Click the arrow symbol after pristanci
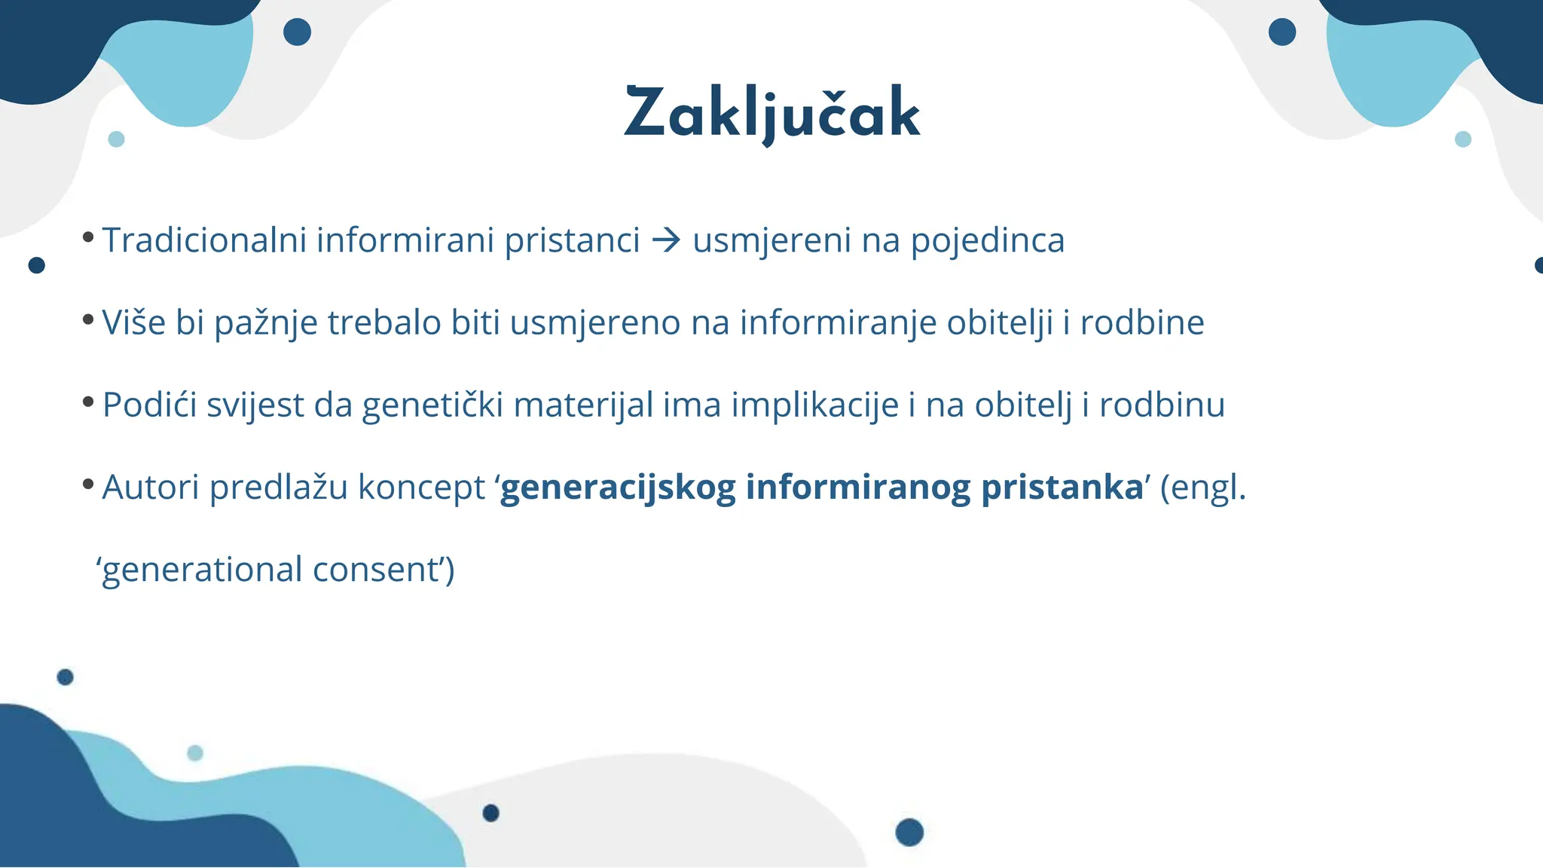pyautogui.click(x=666, y=240)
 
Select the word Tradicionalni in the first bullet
pyautogui.click(x=204, y=240)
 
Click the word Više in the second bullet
pyautogui.click(x=133, y=322)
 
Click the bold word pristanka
pyautogui.click(x=1062, y=487)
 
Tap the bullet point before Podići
pyautogui.click(x=88, y=402)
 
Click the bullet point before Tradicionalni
pyautogui.click(x=88, y=237)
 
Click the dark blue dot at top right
pyautogui.click(x=1282, y=32)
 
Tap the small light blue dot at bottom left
pyautogui.click(x=194, y=753)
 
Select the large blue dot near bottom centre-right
pyautogui.click(x=909, y=832)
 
